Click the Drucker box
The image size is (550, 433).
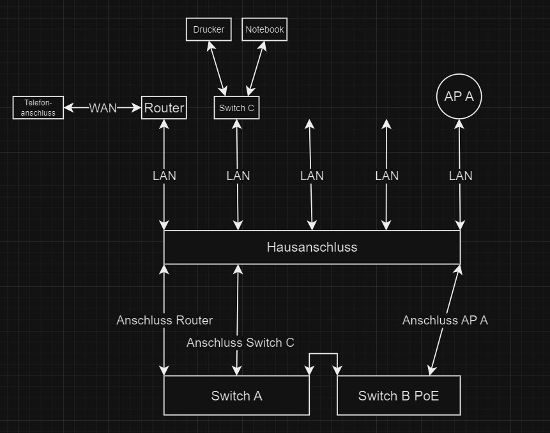(x=209, y=29)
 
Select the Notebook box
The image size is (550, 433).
(x=265, y=29)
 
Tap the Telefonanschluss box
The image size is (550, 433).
(x=38, y=107)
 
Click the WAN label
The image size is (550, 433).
(x=103, y=108)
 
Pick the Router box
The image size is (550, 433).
(x=164, y=108)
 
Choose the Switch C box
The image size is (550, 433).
(x=236, y=108)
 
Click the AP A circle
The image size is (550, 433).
(x=459, y=96)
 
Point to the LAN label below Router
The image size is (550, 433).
(x=164, y=176)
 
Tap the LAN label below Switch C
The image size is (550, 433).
(x=238, y=176)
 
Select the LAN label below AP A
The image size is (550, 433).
(x=461, y=176)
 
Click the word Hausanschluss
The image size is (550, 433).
(x=312, y=247)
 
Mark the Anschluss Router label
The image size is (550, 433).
(x=164, y=320)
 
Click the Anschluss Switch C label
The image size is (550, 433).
(x=240, y=343)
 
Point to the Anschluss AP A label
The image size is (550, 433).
(x=445, y=321)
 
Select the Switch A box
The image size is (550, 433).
(x=236, y=396)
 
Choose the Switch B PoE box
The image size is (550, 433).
(x=399, y=396)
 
